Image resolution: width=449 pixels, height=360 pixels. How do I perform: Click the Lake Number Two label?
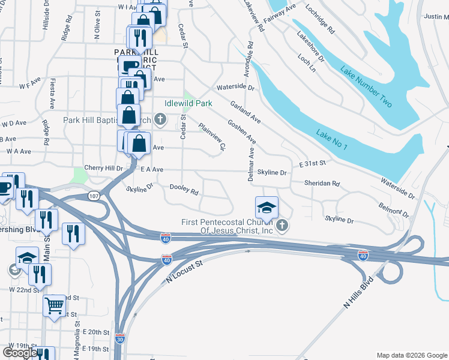click(x=366, y=88)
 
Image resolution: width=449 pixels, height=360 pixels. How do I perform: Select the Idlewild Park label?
click(x=188, y=104)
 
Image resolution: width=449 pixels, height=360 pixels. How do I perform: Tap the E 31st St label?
click(x=312, y=163)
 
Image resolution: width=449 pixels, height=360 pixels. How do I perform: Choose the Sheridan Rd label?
click(x=322, y=184)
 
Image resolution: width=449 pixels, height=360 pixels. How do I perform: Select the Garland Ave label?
click(x=245, y=110)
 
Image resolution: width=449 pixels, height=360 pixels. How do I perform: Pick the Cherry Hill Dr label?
click(x=103, y=169)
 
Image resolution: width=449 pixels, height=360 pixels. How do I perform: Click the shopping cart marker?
click(x=55, y=306)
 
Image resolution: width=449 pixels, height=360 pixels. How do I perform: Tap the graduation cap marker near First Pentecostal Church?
click(x=267, y=208)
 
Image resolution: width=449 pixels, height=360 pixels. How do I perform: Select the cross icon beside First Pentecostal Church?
click(x=282, y=226)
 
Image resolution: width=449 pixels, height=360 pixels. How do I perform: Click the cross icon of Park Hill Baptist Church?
click(x=160, y=120)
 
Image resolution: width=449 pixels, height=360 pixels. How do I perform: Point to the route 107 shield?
click(x=94, y=196)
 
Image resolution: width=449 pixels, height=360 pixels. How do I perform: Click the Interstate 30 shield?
click(x=120, y=338)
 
